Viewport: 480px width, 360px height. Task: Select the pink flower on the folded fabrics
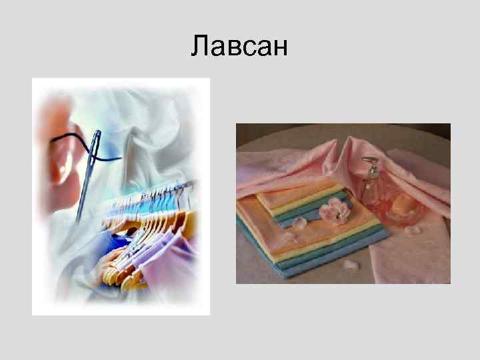[333, 212]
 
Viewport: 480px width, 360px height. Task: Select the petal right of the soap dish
[413, 230]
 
